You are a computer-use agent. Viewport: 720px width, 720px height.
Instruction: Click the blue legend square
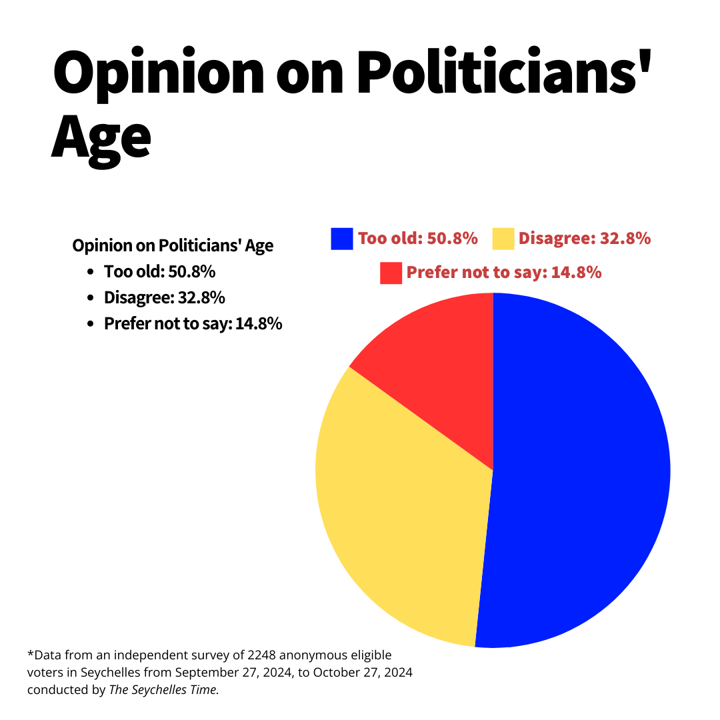tap(342, 239)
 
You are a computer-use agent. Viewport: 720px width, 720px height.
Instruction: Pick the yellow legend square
tap(503, 239)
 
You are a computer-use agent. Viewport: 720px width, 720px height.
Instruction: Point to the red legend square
tap(391, 273)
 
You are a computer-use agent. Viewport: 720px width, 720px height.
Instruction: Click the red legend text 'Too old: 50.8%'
tap(418, 238)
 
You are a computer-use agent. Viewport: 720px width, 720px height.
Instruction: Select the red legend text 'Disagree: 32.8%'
tap(585, 238)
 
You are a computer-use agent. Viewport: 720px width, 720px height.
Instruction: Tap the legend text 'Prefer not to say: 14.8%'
tap(504, 272)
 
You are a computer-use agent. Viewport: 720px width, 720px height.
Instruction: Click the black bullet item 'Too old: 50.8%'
tap(160, 271)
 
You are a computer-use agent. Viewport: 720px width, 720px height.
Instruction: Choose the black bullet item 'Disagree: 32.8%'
tap(165, 297)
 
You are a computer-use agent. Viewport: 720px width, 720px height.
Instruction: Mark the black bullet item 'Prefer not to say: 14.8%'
tap(193, 323)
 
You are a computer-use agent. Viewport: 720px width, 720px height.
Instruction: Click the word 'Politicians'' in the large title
tap(504, 71)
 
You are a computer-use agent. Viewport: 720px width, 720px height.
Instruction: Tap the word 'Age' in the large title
tap(101, 138)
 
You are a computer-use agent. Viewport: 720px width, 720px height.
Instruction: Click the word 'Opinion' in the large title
tap(159, 73)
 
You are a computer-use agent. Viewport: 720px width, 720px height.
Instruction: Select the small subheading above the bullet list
tap(173, 245)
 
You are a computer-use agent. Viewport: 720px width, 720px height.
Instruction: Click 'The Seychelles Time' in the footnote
tap(163, 690)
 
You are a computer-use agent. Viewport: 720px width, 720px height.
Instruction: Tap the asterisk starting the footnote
tap(31, 653)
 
